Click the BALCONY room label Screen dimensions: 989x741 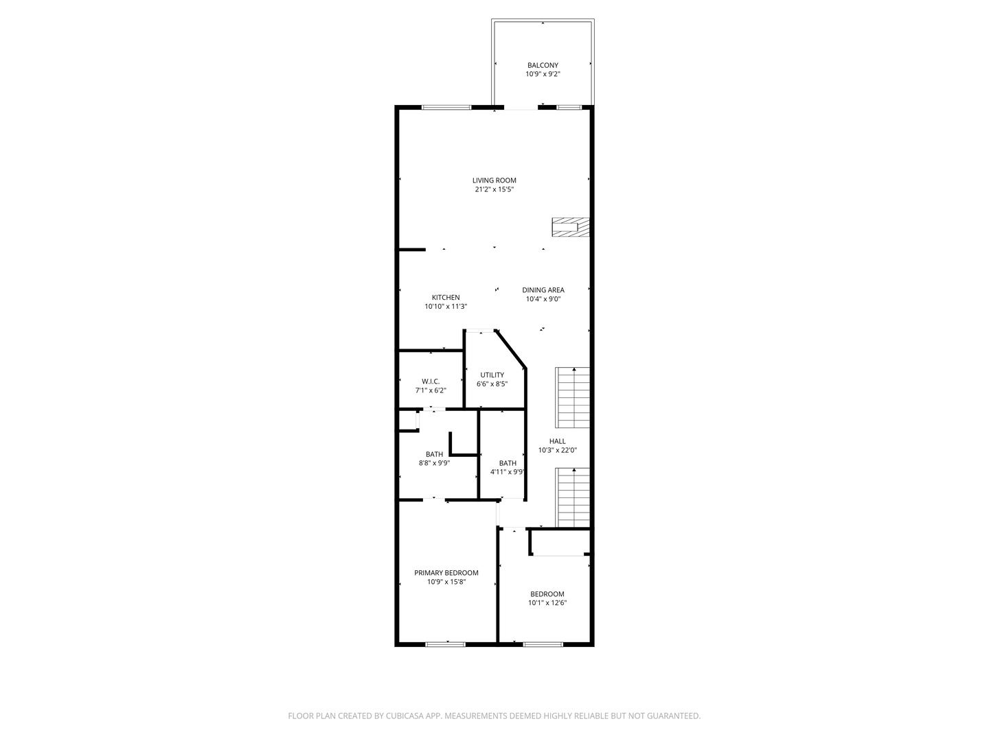(543, 65)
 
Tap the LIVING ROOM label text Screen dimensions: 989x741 (494, 180)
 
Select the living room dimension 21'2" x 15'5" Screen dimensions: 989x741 (494, 189)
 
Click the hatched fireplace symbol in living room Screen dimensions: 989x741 (571, 227)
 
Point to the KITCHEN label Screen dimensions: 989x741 (446, 297)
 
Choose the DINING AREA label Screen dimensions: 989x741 (543, 290)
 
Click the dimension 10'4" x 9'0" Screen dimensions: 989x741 (543, 299)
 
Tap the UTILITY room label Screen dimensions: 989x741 (492, 375)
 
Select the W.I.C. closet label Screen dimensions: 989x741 (431, 381)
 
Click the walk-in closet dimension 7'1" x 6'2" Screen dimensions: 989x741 (431, 390)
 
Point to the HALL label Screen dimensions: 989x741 (558, 441)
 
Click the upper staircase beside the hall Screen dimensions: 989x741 (572, 398)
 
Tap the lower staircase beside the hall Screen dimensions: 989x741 (572, 497)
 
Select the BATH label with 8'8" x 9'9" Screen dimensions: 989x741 (434, 454)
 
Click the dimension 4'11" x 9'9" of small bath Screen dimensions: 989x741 (508, 472)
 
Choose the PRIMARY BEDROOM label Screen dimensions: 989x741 (446, 573)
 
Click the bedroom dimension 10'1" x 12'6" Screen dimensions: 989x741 (547, 603)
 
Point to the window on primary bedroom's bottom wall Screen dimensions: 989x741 (445, 644)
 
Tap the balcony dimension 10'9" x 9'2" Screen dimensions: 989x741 (543, 74)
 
